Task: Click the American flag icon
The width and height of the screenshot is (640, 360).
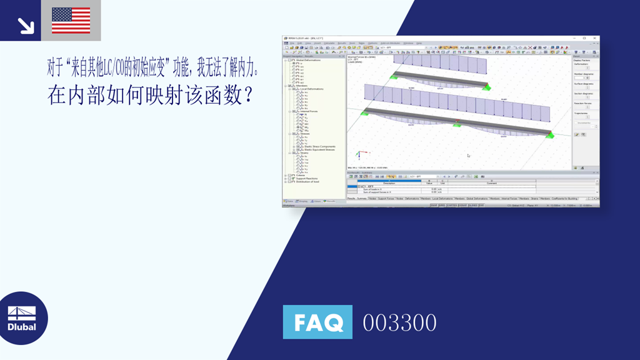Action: click(x=71, y=20)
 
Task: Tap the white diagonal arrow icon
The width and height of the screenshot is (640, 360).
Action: click(x=26, y=25)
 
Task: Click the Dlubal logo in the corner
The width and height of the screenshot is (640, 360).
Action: click(x=22, y=318)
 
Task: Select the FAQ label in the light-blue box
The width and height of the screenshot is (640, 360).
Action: click(x=318, y=322)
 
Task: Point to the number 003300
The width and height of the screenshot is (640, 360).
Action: click(x=399, y=323)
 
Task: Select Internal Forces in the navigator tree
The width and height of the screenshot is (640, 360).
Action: click(x=309, y=111)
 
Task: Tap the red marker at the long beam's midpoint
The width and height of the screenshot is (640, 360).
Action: click(x=457, y=120)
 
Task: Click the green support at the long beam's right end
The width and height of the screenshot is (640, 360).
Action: click(x=549, y=135)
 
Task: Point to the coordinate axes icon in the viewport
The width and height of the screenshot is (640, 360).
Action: click(x=359, y=154)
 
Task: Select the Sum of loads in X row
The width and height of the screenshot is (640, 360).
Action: click(x=375, y=189)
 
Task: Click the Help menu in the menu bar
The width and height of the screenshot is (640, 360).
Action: click(x=419, y=43)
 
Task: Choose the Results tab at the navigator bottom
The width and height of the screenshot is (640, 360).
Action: click(x=331, y=201)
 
